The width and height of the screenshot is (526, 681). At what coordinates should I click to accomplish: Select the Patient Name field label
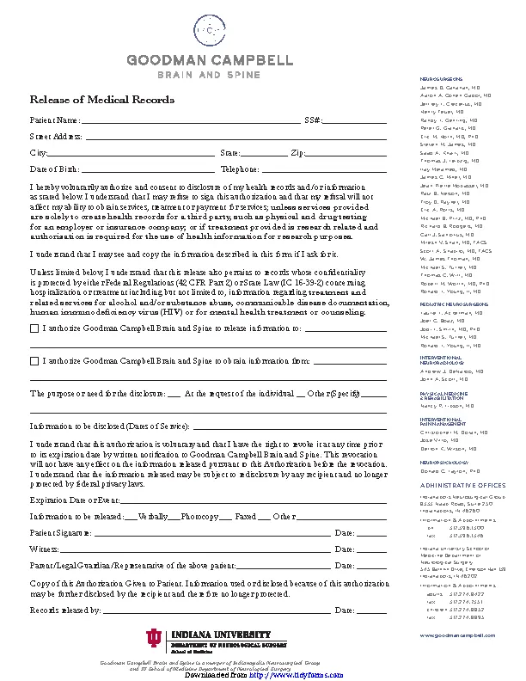(x=55, y=120)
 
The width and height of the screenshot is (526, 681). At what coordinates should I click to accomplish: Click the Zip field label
(x=297, y=152)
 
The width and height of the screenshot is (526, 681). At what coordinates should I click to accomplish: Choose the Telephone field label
(x=240, y=169)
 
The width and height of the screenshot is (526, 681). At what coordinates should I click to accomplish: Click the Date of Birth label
(x=54, y=169)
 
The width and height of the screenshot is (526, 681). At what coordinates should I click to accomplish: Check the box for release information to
(x=34, y=328)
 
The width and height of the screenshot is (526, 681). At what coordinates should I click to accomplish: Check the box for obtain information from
(x=34, y=361)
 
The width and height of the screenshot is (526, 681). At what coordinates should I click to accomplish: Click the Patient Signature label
(x=61, y=533)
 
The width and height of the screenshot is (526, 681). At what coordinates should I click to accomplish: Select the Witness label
(x=44, y=549)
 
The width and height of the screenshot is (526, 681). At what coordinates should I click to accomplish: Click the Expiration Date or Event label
(x=74, y=500)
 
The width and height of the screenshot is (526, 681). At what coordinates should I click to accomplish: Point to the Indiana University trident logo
(x=153, y=637)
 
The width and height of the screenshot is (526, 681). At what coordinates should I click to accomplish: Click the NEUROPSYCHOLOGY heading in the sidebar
(x=442, y=462)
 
